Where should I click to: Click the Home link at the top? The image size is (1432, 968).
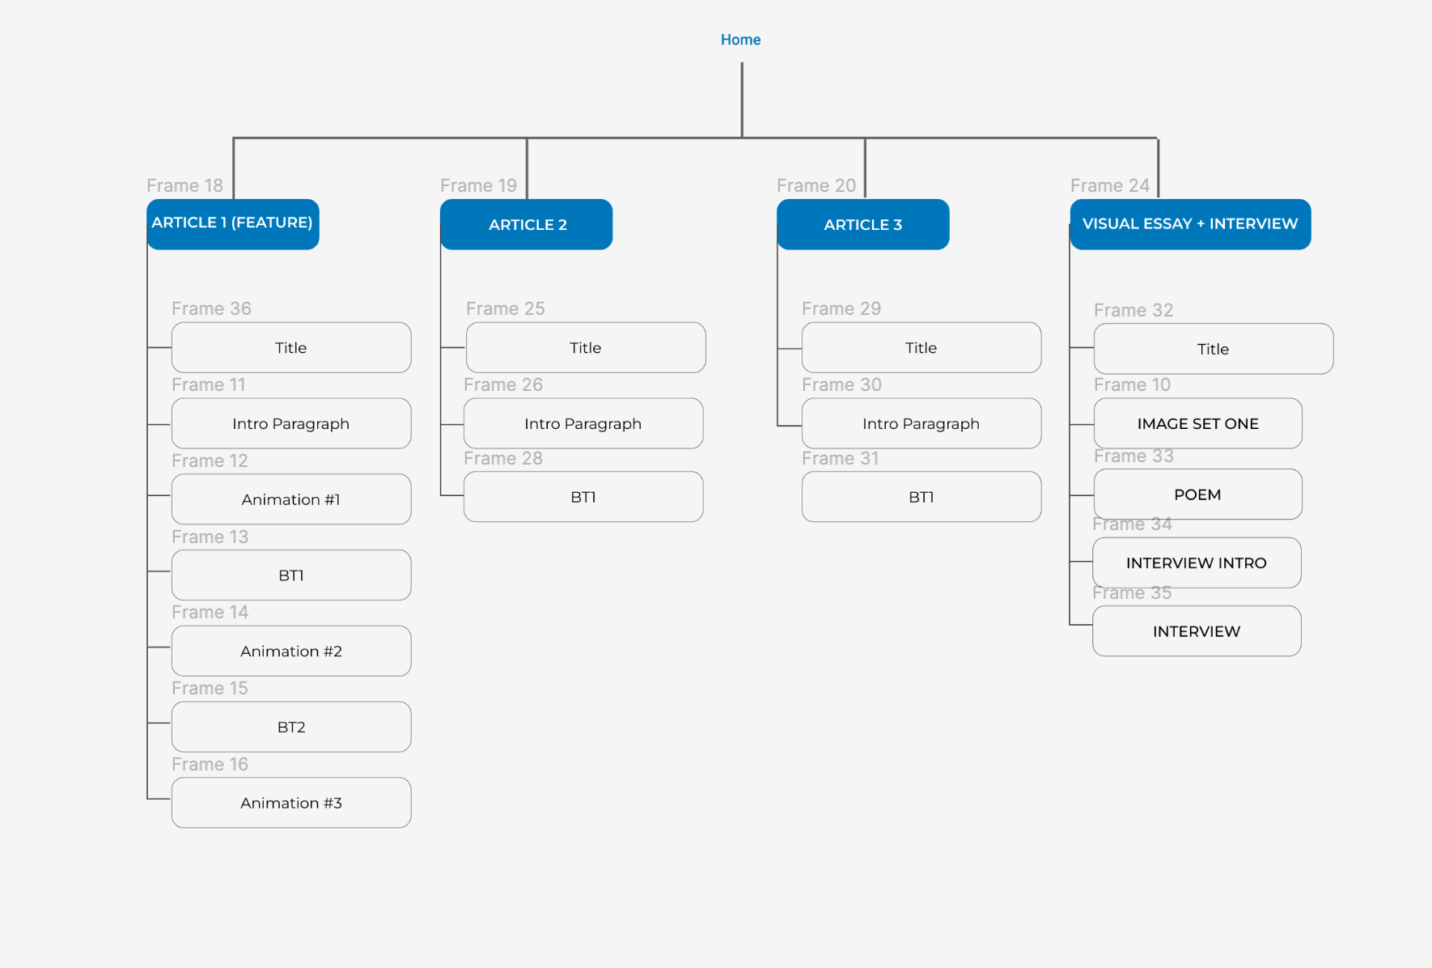point(740,40)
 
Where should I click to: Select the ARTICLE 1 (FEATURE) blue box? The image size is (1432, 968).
point(233,224)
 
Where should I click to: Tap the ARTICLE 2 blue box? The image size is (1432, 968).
point(527,224)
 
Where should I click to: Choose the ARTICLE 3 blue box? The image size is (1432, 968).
point(863,224)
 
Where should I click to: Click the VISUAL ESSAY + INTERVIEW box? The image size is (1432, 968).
point(1190,224)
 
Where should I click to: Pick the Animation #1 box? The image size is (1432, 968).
point(291,499)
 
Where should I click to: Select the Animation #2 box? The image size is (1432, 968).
point(291,651)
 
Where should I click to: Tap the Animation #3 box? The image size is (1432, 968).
point(291,803)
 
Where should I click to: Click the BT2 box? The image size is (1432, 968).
point(291,727)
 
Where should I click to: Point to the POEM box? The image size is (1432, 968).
point(1198,495)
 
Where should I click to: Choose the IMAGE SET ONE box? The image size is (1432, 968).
point(1198,423)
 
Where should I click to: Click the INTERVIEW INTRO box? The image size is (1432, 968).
point(1197,563)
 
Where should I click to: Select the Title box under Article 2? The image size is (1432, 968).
point(586,347)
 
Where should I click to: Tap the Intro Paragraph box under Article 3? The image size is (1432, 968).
point(921,423)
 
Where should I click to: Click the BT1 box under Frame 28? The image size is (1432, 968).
point(583,497)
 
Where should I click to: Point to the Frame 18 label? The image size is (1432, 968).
point(184,185)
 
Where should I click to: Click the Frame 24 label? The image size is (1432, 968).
point(1110,185)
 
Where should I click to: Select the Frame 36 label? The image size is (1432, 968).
point(211,308)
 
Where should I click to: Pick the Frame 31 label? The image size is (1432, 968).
point(840,458)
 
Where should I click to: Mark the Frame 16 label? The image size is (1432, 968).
point(210,764)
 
